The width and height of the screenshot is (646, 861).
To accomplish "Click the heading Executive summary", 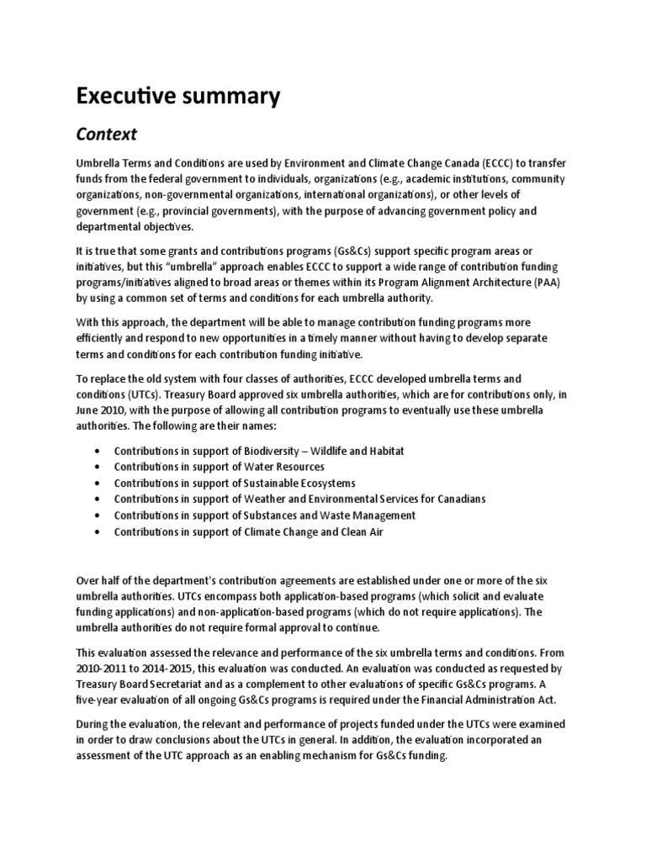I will [x=178, y=97].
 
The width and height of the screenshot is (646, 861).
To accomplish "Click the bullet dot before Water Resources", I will [x=100, y=467].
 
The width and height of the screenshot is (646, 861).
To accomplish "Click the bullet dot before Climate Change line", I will [x=100, y=531].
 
